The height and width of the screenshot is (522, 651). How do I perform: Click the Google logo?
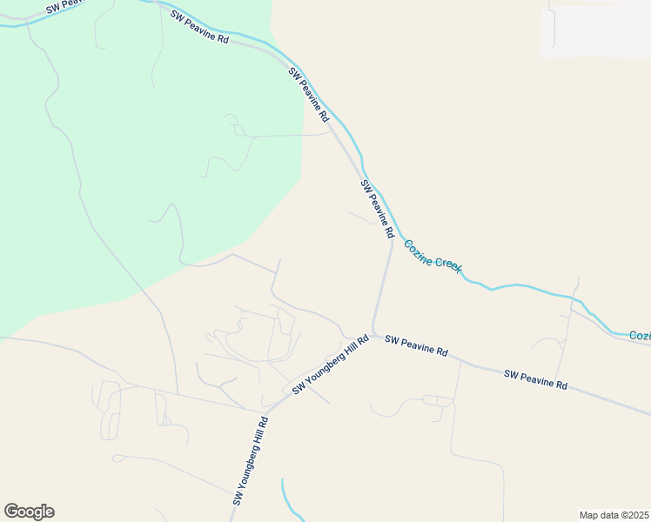click(29, 512)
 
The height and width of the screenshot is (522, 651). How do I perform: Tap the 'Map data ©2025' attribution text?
click(614, 515)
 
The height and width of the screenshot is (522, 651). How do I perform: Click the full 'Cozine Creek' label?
click(433, 258)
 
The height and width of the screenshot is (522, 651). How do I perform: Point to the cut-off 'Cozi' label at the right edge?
click(640, 335)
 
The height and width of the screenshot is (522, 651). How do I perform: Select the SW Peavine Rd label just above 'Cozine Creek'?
click(378, 210)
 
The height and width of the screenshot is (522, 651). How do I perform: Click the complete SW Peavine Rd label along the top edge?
click(199, 27)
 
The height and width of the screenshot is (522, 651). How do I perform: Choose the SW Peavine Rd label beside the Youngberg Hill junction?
click(416, 346)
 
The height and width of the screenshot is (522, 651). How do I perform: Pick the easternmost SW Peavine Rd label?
click(535, 379)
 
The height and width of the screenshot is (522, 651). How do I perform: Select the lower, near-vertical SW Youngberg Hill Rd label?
click(251, 461)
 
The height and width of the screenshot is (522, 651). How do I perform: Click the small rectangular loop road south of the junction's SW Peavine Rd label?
click(438, 401)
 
